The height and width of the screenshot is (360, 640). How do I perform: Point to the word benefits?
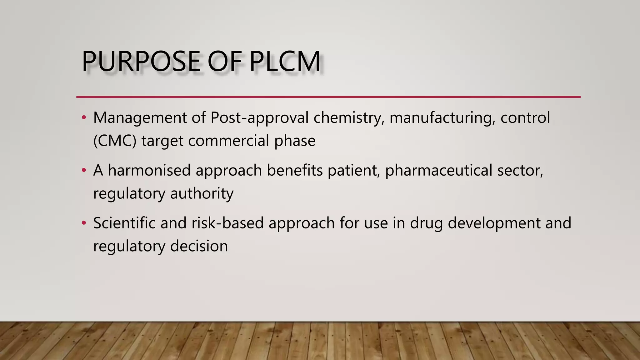pyautogui.click(x=295, y=171)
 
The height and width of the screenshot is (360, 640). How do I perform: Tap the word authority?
pyautogui.click(x=202, y=193)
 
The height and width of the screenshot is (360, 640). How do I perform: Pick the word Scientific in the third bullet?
pyautogui.click(x=124, y=223)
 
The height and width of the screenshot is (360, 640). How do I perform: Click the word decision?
pyautogui.click(x=199, y=246)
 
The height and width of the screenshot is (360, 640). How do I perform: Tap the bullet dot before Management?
pyautogui.click(x=83, y=118)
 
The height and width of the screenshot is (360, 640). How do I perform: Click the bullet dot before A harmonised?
pyautogui.click(x=83, y=171)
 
